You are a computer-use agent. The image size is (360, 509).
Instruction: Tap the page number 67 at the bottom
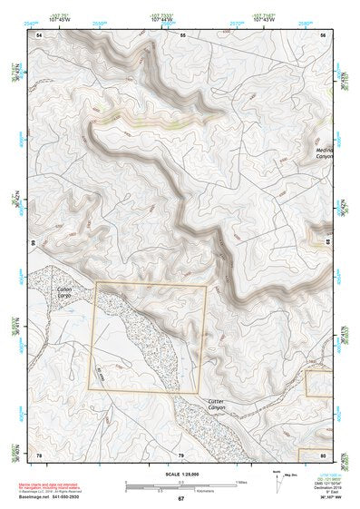tap(180, 499)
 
